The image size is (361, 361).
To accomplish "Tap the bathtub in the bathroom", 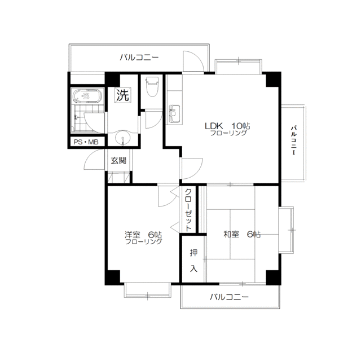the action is [x=87, y=96].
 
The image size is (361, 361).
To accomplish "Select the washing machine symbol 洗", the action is [x=123, y=95].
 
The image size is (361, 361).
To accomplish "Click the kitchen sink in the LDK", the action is [x=174, y=114].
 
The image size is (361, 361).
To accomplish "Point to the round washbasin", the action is [x=122, y=138].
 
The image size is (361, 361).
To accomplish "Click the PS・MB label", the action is [x=86, y=142].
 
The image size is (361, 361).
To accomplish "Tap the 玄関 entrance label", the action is [x=118, y=160].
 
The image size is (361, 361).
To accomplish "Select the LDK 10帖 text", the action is [x=227, y=126].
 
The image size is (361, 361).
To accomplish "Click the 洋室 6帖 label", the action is [x=143, y=235].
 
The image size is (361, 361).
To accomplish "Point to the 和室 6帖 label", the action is [x=242, y=235].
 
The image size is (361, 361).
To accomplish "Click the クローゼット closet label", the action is [x=188, y=210].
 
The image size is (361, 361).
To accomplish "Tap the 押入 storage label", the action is [x=193, y=261].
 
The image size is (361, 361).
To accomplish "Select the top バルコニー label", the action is [x=139, y=57].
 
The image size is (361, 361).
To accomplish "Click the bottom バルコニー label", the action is [x=230, y=297].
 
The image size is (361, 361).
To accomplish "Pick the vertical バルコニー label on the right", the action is [x=294, y=140].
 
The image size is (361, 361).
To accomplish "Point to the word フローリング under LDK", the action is [x=228, y=133].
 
